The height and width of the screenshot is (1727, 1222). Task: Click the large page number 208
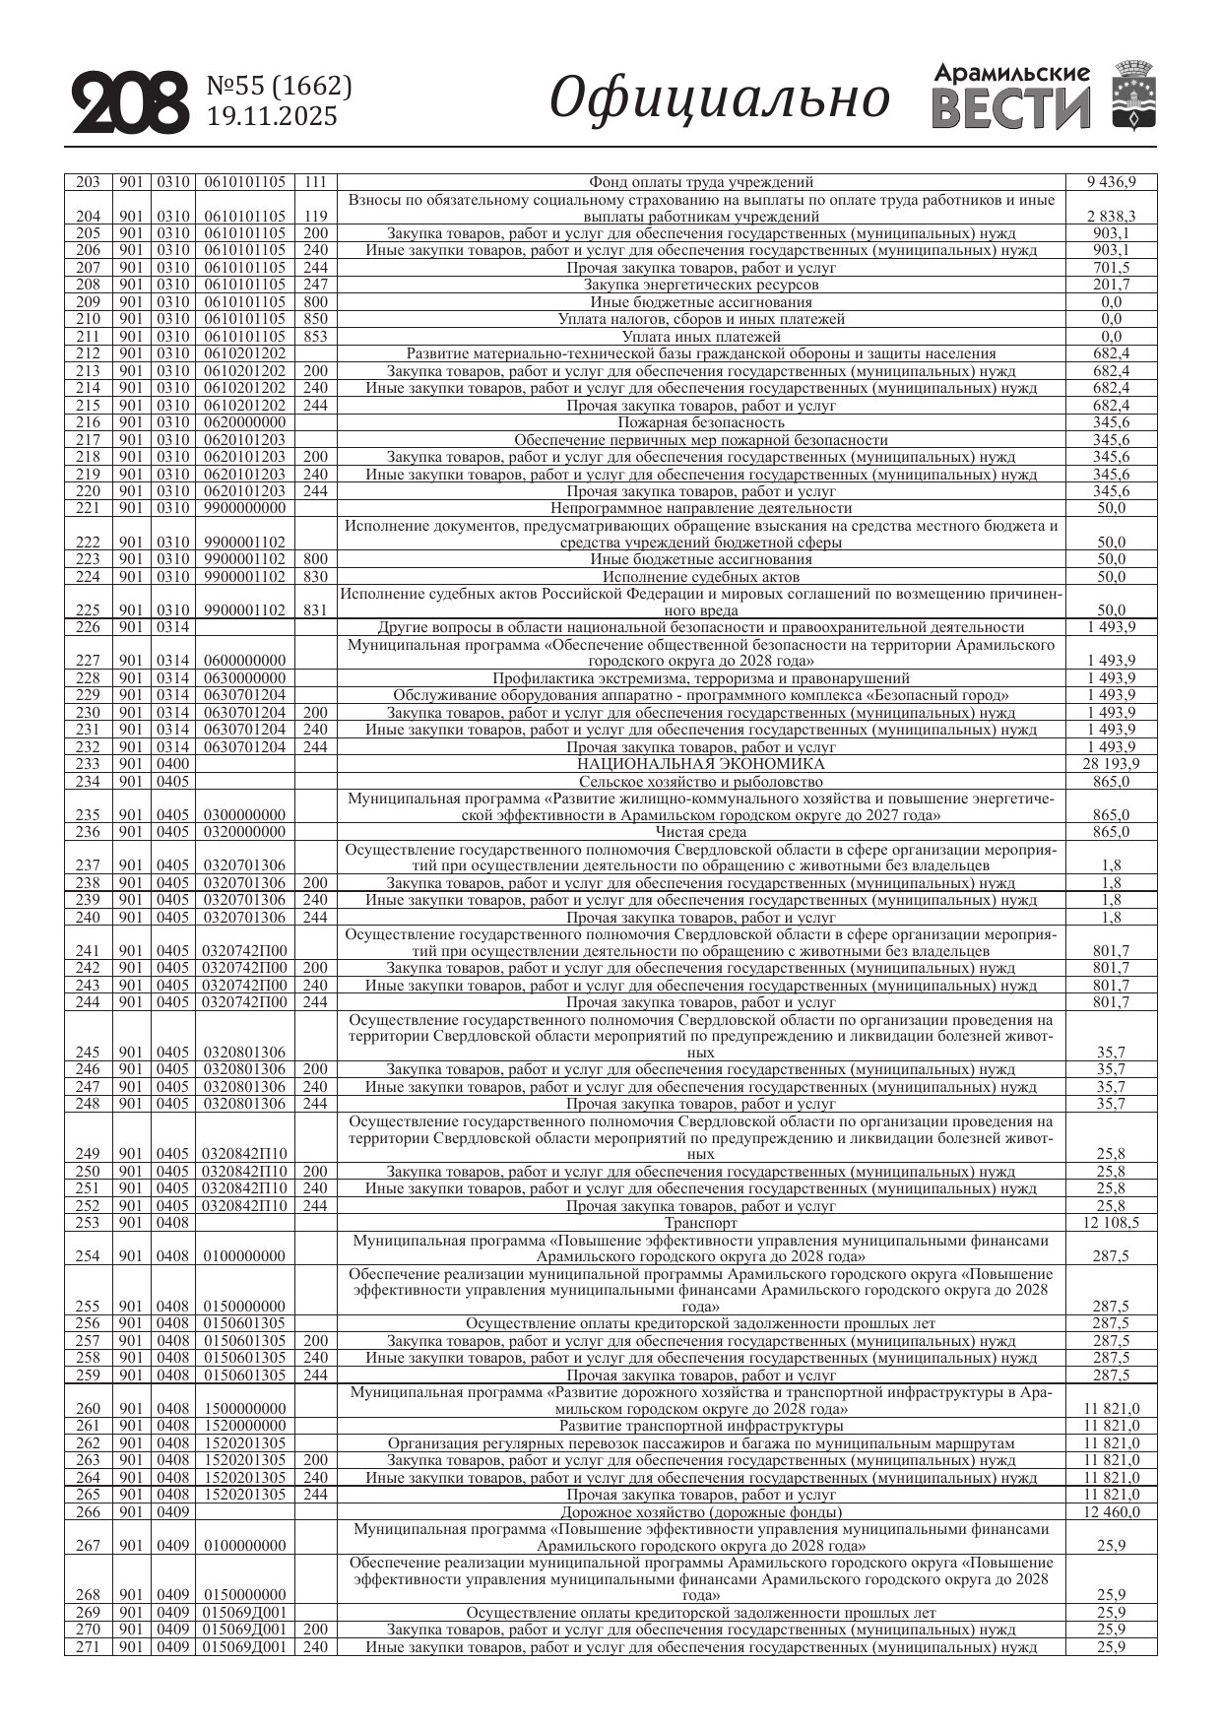(130, 102)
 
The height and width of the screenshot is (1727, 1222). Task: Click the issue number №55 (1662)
(279, 87)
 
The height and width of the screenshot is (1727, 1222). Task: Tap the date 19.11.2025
(272, 117)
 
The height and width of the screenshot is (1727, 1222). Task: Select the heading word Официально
(719, 99)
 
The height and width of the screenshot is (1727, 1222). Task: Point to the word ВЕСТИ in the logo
(1011, 109)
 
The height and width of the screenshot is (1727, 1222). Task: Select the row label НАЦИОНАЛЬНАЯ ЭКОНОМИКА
(700, 764)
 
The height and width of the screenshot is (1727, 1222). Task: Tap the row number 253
(88, 1223)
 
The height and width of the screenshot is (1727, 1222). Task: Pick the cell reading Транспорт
(700, 1223)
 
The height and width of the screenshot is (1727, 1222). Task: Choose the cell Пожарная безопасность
(700, 422)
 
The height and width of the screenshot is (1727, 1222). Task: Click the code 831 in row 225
(315, 610)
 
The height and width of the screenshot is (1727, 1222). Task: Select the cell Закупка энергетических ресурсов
(700, 285)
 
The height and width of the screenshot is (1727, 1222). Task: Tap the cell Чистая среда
(700, 832)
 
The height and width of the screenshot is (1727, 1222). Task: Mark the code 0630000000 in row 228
(245, 678)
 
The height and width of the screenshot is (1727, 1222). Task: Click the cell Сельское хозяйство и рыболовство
(700, 782)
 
